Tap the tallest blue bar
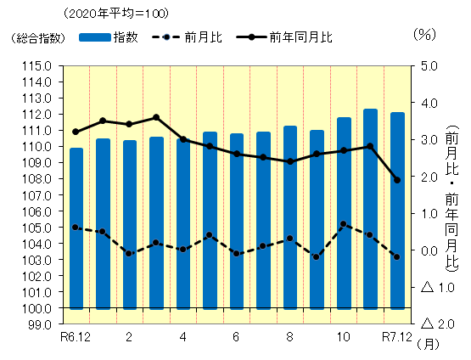pos(371,208)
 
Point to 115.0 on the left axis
pos(37,65)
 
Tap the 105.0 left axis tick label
pos(37,228)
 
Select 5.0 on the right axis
pos(428,65)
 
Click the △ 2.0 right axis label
pos(435,324)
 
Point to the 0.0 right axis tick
pos(428,250)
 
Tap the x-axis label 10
pos(344,338)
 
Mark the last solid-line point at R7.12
pos(397,180)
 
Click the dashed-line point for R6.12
pos(76,228)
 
